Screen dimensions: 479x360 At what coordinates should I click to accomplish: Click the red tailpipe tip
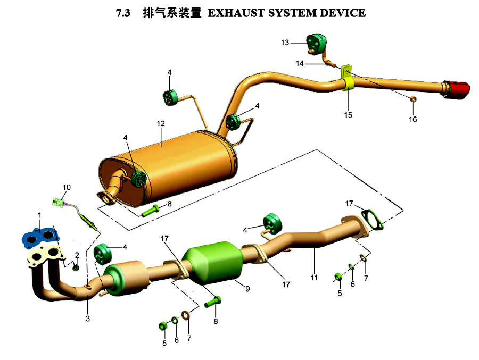point(457,90)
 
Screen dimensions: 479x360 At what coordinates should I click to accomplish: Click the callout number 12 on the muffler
point(161,123)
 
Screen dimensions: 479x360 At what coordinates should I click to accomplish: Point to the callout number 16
point(412,119)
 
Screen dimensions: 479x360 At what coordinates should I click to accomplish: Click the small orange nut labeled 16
point(412,98)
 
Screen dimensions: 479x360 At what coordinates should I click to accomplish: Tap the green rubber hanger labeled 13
point(317,42)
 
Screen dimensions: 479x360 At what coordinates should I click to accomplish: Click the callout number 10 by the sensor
point(67,187)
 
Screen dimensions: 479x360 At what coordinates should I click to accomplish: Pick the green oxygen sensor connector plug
point(59,202)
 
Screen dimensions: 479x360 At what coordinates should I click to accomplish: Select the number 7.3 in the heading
point(123,13)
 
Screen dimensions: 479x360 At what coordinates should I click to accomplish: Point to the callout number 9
point(247,289)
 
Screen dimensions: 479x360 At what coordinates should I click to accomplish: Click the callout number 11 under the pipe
point(314,277)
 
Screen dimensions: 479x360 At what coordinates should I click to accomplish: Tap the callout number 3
point(88,319)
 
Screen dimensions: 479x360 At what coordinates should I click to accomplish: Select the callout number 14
point(299,63)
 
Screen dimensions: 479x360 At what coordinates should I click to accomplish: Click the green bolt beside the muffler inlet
point(150,211)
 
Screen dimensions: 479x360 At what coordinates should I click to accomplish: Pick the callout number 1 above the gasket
point(39,215)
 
